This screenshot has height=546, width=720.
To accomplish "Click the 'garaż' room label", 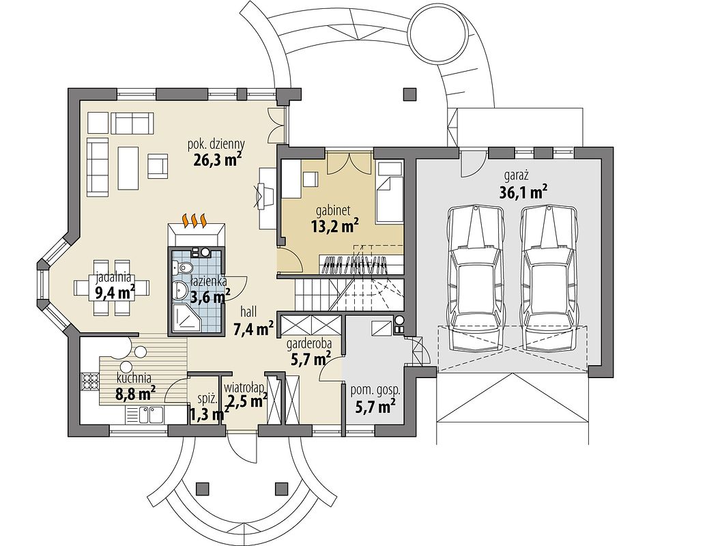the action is [517, 175].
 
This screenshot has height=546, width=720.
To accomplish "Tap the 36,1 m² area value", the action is [523, 191].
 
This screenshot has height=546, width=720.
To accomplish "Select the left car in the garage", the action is [476, 280].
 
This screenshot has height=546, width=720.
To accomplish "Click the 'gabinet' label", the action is [333, 211].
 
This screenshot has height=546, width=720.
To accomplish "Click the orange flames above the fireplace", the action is [195, 220].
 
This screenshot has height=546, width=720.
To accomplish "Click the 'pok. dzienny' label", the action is [216, 144].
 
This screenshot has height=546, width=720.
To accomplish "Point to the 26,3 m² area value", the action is [215, 159].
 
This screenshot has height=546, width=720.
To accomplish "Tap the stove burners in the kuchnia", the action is [90, 381].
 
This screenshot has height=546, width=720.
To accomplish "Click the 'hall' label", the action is [248, 313].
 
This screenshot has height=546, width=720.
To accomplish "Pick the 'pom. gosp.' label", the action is [375, 392].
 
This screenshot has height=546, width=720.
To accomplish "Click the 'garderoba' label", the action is [309, 343].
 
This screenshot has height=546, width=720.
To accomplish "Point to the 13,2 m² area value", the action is [334, 226].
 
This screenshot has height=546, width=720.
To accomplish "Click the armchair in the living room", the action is [158, 167].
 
